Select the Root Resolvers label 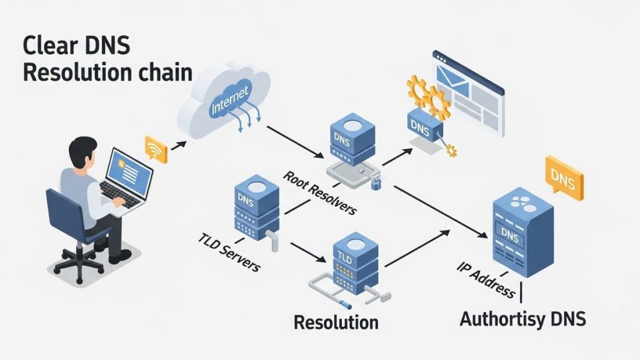point(319,192)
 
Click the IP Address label point(485,277)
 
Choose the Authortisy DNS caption point(522,319)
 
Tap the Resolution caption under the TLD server point(336,322)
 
